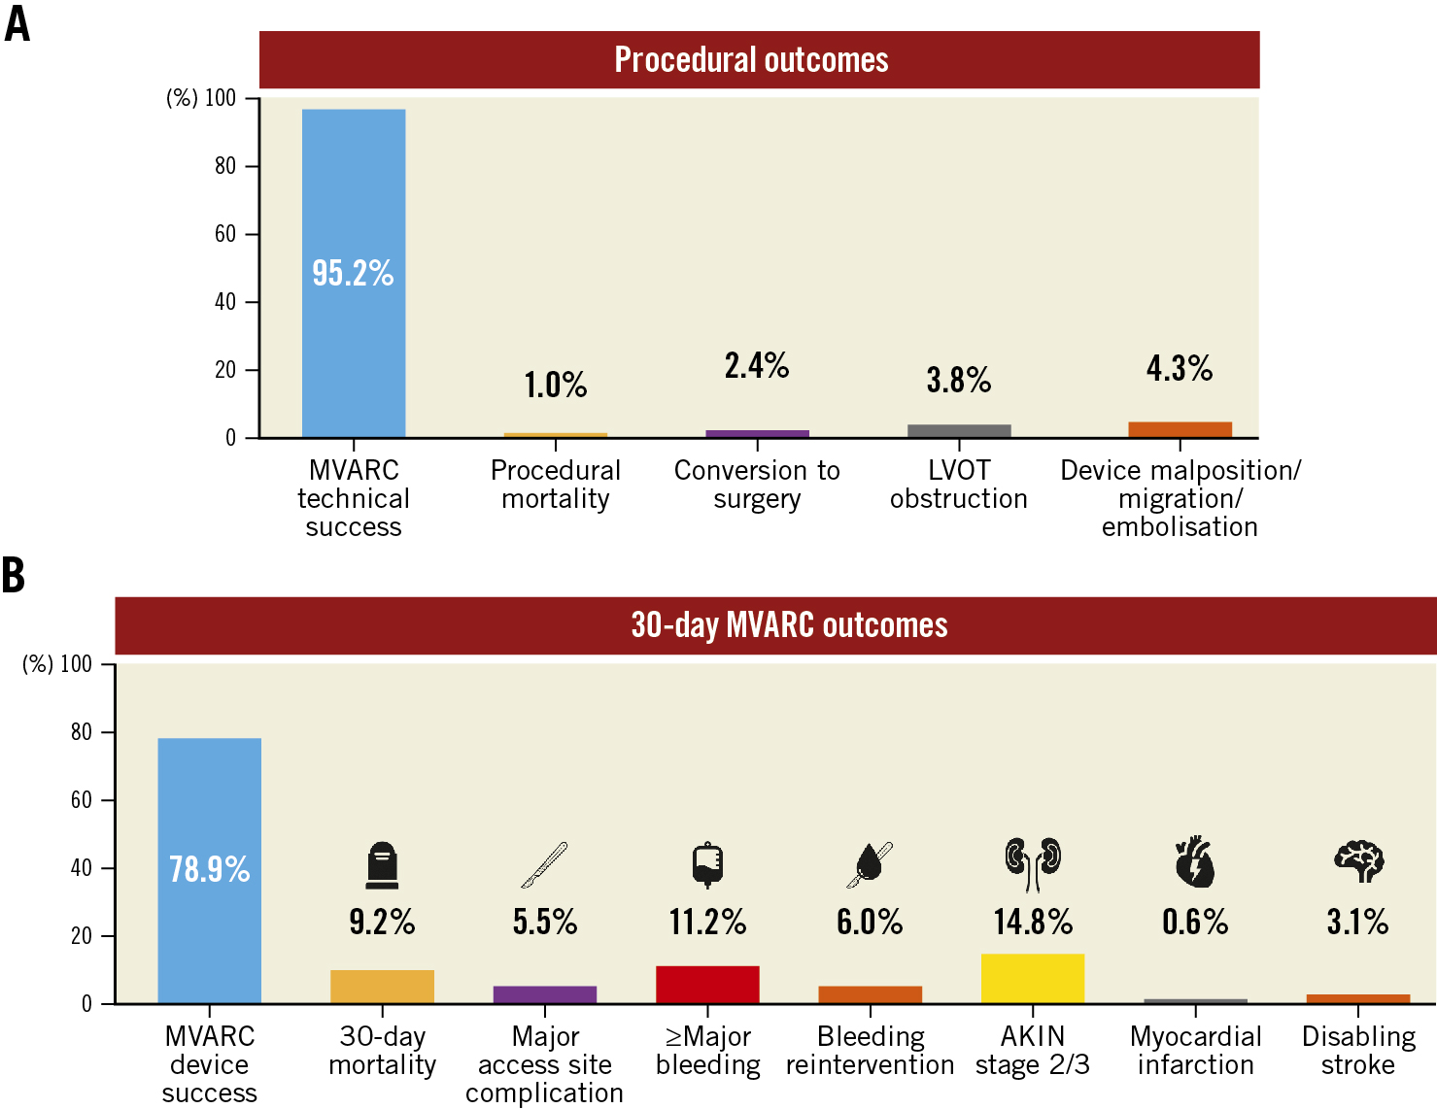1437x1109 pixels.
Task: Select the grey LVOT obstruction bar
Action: (959, 431)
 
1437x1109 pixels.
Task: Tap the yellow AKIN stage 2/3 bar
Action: (1033, 978)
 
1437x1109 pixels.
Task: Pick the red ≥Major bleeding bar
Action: (707, 984)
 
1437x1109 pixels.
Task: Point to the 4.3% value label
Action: (1180, 369)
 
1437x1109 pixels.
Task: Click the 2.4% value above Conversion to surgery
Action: (757, 366)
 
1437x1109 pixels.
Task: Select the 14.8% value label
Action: (1033, 922)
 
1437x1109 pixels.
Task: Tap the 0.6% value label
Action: (1195, 922)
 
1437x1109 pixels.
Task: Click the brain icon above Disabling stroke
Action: (1358, 861)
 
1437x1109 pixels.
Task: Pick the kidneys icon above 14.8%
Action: (1033, 863)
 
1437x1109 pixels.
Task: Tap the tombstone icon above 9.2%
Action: (382, 865)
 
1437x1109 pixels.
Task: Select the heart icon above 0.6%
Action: (1194, 862)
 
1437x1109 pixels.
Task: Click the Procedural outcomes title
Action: (751, 60)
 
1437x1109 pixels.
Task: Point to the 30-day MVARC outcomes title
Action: (789, 625)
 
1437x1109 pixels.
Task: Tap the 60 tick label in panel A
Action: (225, 234)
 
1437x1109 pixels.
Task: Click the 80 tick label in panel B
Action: (82, 732)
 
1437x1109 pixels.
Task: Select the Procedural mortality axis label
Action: (556, 484)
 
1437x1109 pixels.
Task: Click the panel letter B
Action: (14, 575)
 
